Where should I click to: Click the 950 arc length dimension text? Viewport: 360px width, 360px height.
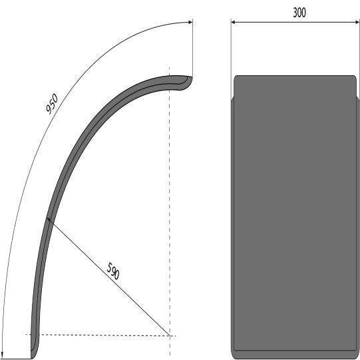[x=53, y=104]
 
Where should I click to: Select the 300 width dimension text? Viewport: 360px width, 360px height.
[x=299, y=12]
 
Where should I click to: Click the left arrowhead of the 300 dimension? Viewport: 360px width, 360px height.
[x=234, y=22]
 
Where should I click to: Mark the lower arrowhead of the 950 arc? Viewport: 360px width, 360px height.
[x=3, y=355]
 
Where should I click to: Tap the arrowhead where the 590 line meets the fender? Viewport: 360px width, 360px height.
[x=49, y=220]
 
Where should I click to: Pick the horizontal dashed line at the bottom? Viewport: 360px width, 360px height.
[x=100, y=335]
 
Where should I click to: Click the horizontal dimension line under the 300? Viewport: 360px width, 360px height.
[x=279, y=22]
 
